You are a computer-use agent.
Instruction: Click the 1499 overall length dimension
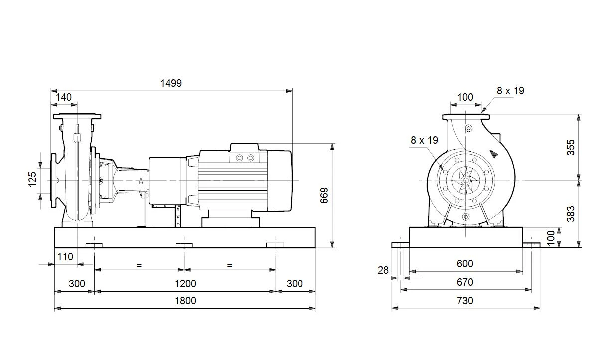[x=171, y=83]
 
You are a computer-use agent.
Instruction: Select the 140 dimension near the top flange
[x=64, y=97]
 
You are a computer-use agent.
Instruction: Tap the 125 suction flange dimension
[x=32, y=179]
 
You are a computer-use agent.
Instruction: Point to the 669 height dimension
[x=324, y=196]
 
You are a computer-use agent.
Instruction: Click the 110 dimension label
[x=65, y=257]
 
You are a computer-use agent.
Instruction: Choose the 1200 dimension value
[x=185, y=284]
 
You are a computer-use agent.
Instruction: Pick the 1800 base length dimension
[x=185, y=301]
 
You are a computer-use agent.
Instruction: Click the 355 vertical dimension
[x=571, y=147]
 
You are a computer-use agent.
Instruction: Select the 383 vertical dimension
[x=571, y=214]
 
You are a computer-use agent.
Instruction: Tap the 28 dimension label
[x=383, y=271]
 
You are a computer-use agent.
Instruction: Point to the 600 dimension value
[x=465, y=264]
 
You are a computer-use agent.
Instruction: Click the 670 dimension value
[x=465, y=282]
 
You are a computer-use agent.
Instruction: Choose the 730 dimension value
[x=465, y=301]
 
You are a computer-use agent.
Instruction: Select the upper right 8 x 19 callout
[x=510, y=91]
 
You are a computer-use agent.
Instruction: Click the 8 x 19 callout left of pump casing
[x=424, y=140]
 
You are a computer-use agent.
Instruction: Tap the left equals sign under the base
[x=139, y=265]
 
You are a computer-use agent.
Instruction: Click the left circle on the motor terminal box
[x=240, y=158]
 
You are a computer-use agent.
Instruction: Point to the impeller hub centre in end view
[x=466, y=180]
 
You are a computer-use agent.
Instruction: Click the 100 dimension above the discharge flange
[x=465, y=97]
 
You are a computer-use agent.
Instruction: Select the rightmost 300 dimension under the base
[x=295, y=284]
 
